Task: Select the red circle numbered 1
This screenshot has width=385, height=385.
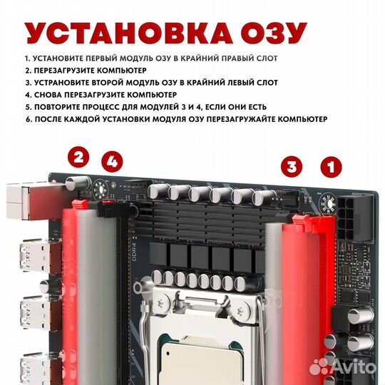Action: tap(329, 168)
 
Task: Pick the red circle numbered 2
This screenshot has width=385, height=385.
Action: tap(78, 158)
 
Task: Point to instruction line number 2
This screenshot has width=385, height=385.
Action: tap(85, 71)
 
